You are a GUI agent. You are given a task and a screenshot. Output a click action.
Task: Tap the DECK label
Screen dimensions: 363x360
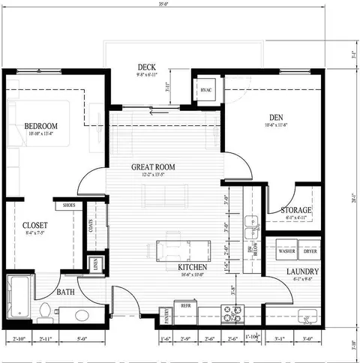(x=146, y=65)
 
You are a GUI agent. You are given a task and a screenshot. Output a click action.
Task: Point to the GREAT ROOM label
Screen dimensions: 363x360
(x=153, y=166)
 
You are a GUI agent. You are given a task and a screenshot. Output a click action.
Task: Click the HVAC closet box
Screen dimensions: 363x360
(x=206, y=90)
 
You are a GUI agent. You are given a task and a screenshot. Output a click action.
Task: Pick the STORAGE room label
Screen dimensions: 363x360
(x=296, y=210)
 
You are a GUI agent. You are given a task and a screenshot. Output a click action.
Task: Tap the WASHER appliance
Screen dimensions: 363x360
(x=287, y=251)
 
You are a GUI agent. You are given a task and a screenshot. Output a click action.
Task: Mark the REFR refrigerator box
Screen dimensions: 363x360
(x=184, y=305)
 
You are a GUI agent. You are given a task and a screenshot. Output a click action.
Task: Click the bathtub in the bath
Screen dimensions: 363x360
(x=18, y=298)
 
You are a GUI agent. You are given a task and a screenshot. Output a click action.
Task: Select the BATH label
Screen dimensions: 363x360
(x=67, y=292)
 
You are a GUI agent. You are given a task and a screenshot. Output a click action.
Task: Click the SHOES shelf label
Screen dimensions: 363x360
(x=68, y=205)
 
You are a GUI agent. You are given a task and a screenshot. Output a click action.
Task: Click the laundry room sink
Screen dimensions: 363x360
(x=305, y=315)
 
